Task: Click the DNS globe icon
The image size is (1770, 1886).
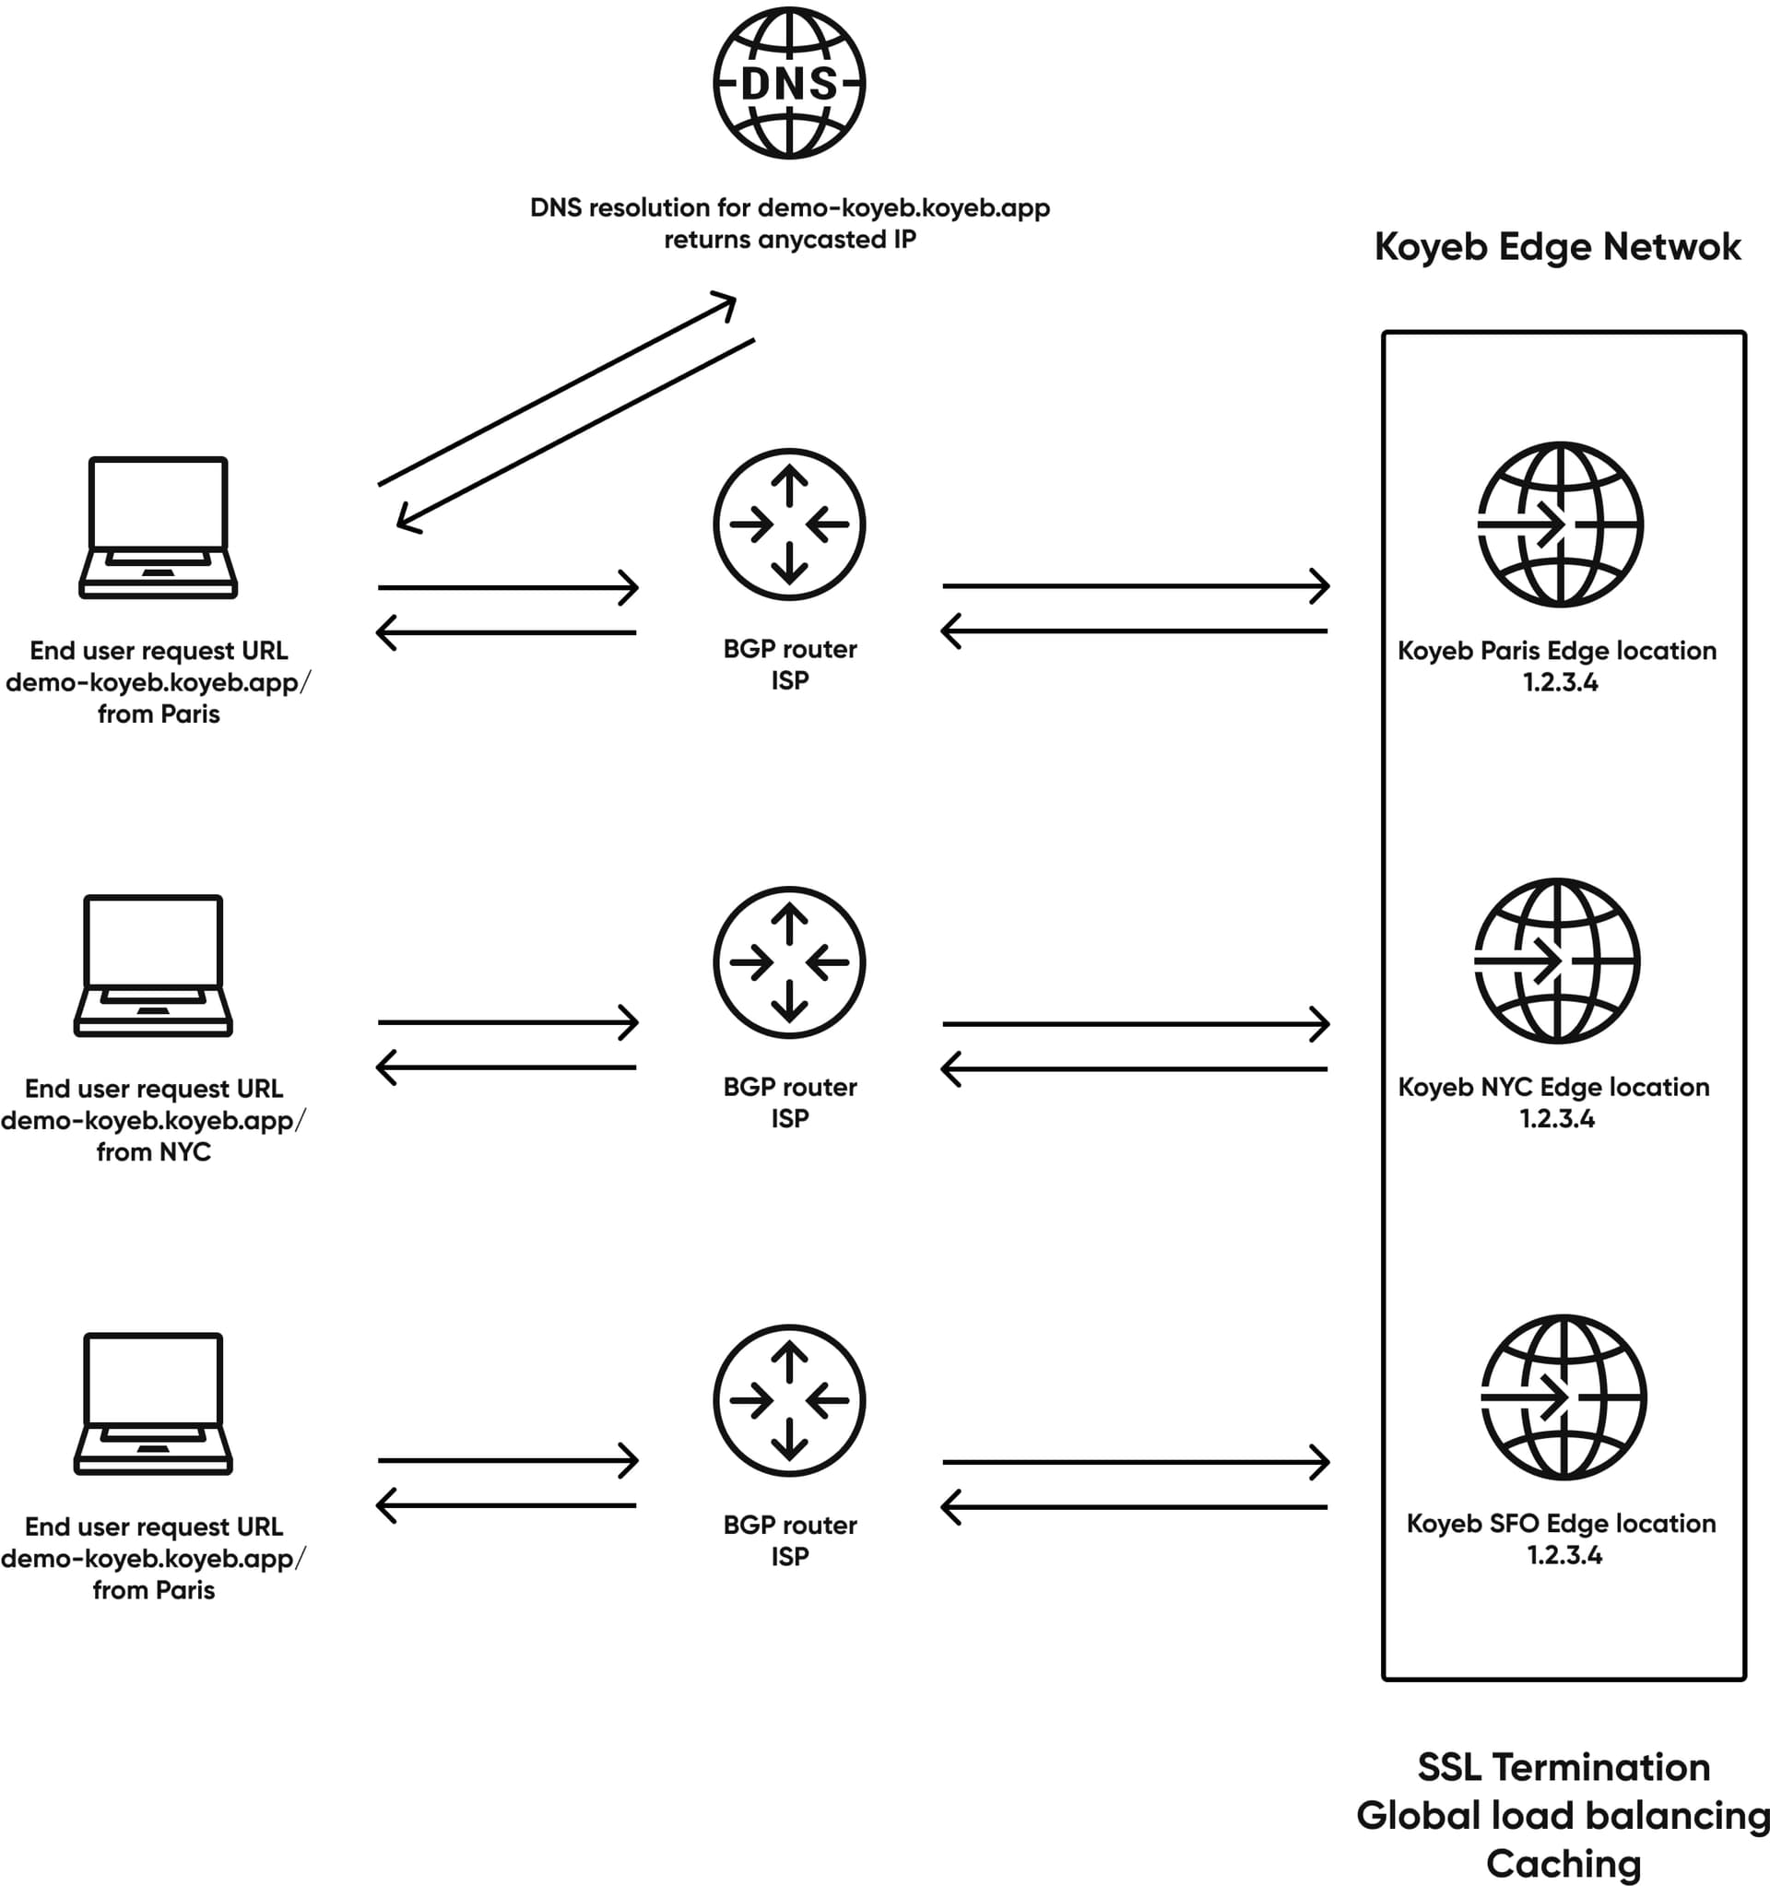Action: [788, 84]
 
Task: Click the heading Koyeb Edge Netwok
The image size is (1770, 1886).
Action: [1556, 247]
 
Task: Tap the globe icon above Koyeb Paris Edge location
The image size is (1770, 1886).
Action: [1560, 524]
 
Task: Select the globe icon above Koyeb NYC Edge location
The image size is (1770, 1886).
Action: [1555, 961]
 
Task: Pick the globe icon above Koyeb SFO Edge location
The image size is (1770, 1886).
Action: [1563, 1397]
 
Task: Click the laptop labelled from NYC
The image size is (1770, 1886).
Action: [153, 965]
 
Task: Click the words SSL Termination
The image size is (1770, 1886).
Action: [1563, 1766]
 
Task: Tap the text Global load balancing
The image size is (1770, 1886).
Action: [1563, 1815]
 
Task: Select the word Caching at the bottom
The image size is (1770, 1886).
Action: [1563, 1862]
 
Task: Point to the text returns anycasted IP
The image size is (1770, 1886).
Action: [789, 239]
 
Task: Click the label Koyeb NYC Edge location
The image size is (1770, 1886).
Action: [1553, 1086]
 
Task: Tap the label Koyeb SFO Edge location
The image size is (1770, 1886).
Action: [1561, 1523]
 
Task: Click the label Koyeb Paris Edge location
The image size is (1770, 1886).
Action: [1556, 650]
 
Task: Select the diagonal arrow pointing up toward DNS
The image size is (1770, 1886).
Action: [556, 390]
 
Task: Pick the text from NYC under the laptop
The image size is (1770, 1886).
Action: [154, 1151]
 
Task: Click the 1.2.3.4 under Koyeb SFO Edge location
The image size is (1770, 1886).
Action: [1563, 1555]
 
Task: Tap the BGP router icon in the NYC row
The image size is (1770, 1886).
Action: [788, 962]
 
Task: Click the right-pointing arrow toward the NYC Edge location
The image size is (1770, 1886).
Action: [1135, 1023]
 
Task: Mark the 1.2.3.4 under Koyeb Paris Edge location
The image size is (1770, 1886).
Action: [1560, 682]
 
